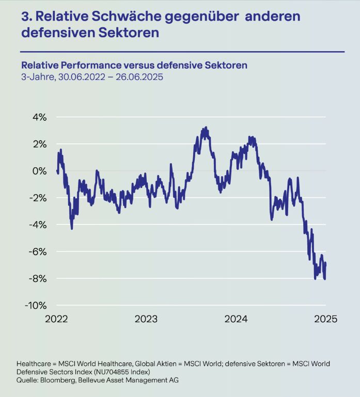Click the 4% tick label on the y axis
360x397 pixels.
(40, 117)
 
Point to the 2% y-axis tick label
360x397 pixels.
(40, 144)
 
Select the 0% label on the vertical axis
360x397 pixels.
(40, 171)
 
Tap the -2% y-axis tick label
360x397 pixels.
(38, 198)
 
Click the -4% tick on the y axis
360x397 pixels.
(38, 225)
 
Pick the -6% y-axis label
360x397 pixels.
(38, 251)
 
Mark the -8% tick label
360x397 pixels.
(38, 278)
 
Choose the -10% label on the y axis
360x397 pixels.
(36, 305)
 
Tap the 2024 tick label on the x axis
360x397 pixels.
(236, 319)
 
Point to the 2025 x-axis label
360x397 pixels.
(325, 319)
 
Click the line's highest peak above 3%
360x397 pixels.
(206, 128)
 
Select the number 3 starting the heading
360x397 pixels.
(24, 16)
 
